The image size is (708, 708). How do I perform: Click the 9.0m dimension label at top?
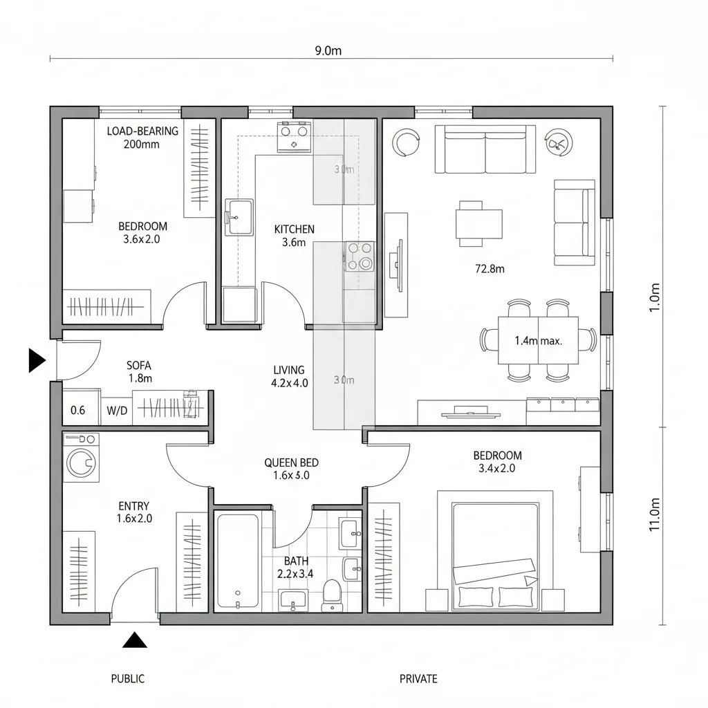coord(328,50)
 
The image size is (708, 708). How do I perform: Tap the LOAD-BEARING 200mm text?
coord(142,138)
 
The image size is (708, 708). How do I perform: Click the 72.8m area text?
coord(490,269)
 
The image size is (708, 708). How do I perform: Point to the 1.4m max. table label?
coord(538,340)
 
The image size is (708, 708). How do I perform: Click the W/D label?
coord(117,411)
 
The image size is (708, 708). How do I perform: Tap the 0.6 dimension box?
coord(78,410)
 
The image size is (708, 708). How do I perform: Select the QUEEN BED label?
coord(291,469)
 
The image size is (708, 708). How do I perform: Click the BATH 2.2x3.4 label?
coord(296,567)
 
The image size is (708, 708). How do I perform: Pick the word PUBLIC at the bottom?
coord(128,679)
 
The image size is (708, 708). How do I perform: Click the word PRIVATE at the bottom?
coord(418,679)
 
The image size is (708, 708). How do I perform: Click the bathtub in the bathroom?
coord(237,561)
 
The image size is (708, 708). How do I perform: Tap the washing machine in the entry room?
coord(81,459)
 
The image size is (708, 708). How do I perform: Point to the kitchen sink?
coord(239,217)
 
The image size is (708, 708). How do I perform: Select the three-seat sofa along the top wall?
coord(485,149)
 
